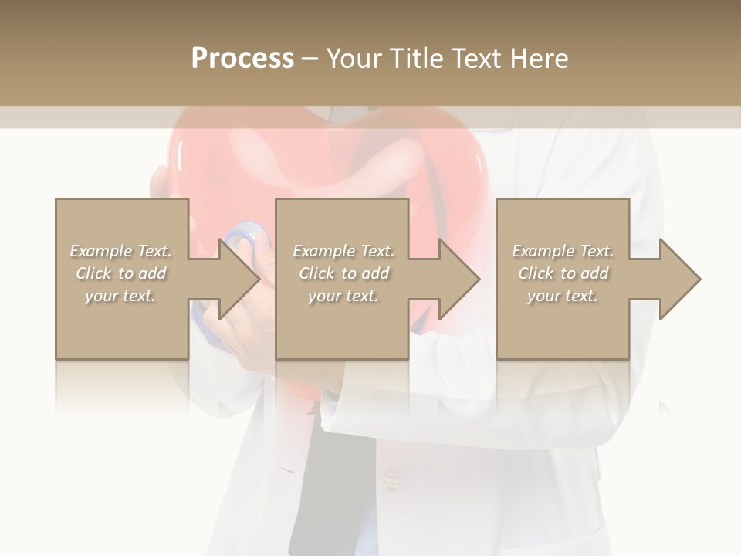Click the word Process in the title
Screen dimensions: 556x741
(242, 59)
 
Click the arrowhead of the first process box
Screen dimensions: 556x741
(240, 279)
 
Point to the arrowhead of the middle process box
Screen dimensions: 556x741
(460, 279)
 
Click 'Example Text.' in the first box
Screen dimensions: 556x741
(121, 251)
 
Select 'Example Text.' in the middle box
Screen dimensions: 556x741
(343, 251)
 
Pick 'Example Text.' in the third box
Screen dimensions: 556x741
(563, 251)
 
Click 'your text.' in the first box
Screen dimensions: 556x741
(121, 296)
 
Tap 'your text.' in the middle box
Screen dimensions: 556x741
(343, 296)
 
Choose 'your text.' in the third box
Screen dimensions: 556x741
(563, 296)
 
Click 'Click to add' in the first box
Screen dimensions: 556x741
(121, 273)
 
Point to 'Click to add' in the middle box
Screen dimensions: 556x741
(343, 273)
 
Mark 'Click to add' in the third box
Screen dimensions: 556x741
(563, 273)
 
